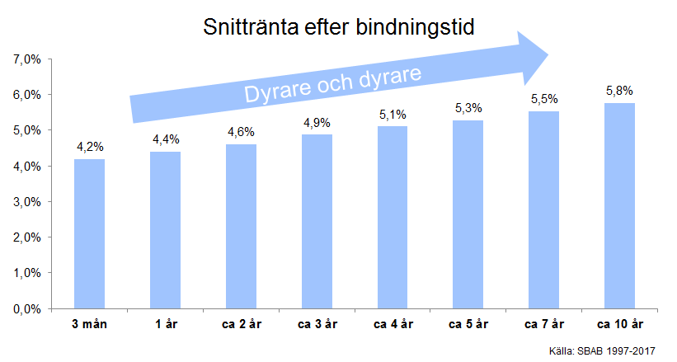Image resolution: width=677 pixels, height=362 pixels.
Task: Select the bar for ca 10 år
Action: click(619, 205)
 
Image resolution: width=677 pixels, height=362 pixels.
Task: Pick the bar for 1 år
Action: click(165, 230)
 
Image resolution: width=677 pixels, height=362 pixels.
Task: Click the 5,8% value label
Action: click(619, 91)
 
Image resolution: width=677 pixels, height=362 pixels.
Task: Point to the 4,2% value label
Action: click(89, 147)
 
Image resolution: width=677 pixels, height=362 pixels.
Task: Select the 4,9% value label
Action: click(317, 122)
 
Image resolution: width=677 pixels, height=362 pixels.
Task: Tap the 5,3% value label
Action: click(468, 108)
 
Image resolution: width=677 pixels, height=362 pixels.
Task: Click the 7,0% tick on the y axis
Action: click(28, 59)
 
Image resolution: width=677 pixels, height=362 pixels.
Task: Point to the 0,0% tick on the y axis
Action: click(28, 308)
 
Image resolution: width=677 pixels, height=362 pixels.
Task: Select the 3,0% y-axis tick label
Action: click(28, 202)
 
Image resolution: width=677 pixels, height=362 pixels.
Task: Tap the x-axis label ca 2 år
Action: click(241, 324)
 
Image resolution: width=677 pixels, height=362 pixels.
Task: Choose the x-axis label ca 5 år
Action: click(468, 324)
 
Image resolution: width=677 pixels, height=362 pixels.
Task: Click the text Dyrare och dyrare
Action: click(333, 84)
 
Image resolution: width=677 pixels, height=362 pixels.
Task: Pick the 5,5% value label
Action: click(543, 99)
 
